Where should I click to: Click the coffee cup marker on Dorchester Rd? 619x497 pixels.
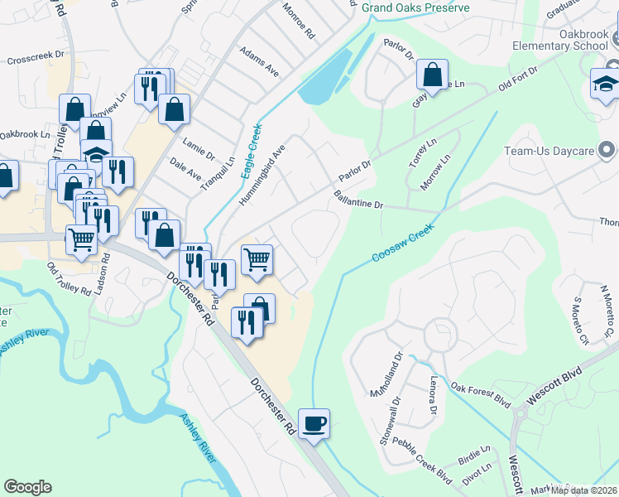point(314,425)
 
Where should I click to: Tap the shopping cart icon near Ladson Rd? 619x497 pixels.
point(81,239)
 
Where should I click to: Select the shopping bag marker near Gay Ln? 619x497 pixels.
point(432,75)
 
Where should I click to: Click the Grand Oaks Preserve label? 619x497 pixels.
point(415,7)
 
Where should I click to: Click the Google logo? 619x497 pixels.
point(27,486)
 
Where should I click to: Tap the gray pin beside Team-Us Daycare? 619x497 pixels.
point(608,151)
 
